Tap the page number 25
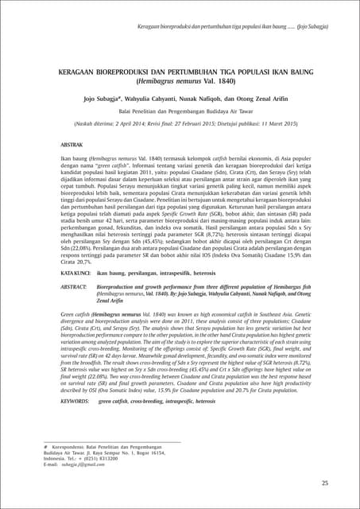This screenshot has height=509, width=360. [x=324, y=483]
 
